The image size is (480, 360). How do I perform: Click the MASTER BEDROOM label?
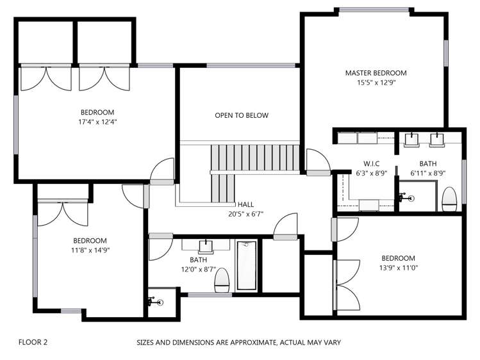point(376,73)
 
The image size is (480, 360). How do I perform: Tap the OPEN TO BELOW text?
point(242,115)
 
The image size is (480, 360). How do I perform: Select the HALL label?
point(246,204)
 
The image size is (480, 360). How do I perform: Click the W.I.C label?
point(372,163)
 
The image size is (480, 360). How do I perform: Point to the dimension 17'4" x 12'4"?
point(97,122)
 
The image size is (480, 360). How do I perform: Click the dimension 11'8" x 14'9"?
point(90,250)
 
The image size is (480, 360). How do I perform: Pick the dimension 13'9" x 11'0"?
point(399,268)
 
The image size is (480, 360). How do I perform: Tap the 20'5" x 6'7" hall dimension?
point(246,214)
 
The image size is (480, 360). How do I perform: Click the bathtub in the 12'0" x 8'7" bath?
point(247,265)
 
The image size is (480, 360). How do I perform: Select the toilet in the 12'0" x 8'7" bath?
point(222,280)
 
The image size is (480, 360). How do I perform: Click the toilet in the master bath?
point(449,199)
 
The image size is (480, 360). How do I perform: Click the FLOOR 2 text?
point(33,342)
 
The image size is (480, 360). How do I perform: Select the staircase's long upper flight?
point(254,158)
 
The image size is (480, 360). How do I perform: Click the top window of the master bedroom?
point(374,10)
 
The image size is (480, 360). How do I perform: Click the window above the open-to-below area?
point(251,65)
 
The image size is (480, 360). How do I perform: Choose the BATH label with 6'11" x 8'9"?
point(428,163)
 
